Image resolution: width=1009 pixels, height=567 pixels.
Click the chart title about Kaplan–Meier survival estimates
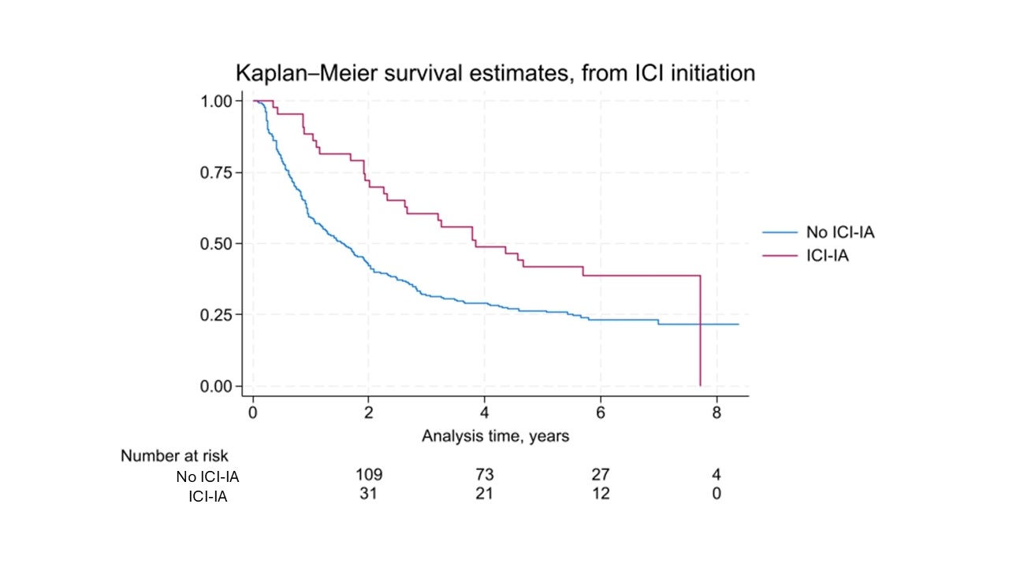(495, 73)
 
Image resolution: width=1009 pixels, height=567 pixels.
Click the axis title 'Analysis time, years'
(495, 435)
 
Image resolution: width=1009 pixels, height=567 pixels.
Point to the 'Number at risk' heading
(174, 456)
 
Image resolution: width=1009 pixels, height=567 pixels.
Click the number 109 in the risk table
(369, 475)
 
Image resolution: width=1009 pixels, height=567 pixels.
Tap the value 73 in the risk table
(484, 475)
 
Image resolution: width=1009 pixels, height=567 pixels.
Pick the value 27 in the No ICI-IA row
(600, 475)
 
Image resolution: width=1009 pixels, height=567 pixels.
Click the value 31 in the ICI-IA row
(369, 494)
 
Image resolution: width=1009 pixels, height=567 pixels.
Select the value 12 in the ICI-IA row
(600, 494)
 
